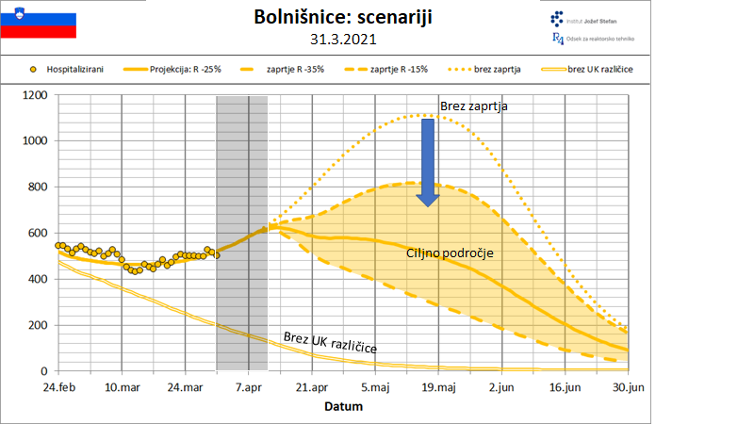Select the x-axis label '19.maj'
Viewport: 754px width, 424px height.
438,386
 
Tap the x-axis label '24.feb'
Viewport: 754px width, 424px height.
58,386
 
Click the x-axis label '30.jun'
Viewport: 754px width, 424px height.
628,386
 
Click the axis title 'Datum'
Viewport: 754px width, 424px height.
343,407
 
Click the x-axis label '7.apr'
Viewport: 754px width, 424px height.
249,386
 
